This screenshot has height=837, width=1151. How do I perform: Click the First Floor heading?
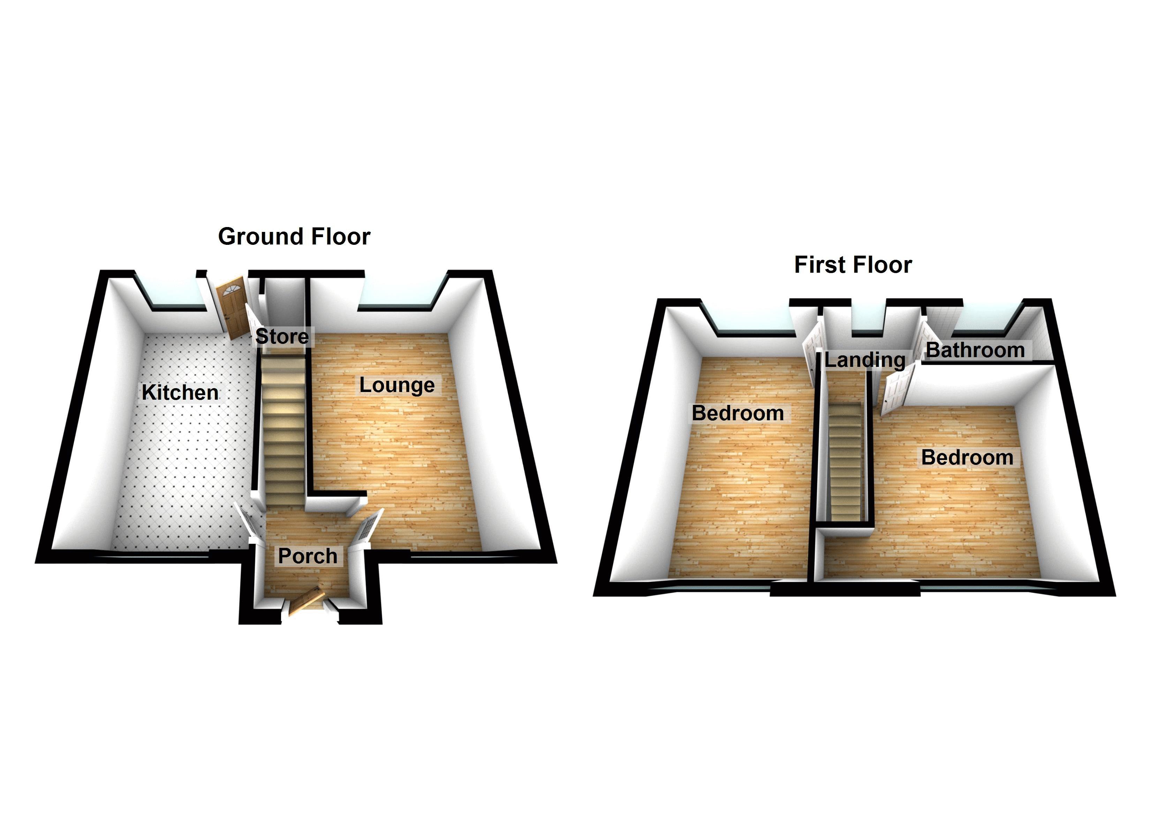point(852,265)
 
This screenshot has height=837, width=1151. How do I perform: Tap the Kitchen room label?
point(180,392)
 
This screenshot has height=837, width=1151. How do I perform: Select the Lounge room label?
point(397,385)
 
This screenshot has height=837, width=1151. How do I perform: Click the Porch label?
point(308,556)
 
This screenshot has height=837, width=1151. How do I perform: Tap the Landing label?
point(865,360)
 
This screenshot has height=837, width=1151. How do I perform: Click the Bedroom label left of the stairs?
point(737,413)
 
